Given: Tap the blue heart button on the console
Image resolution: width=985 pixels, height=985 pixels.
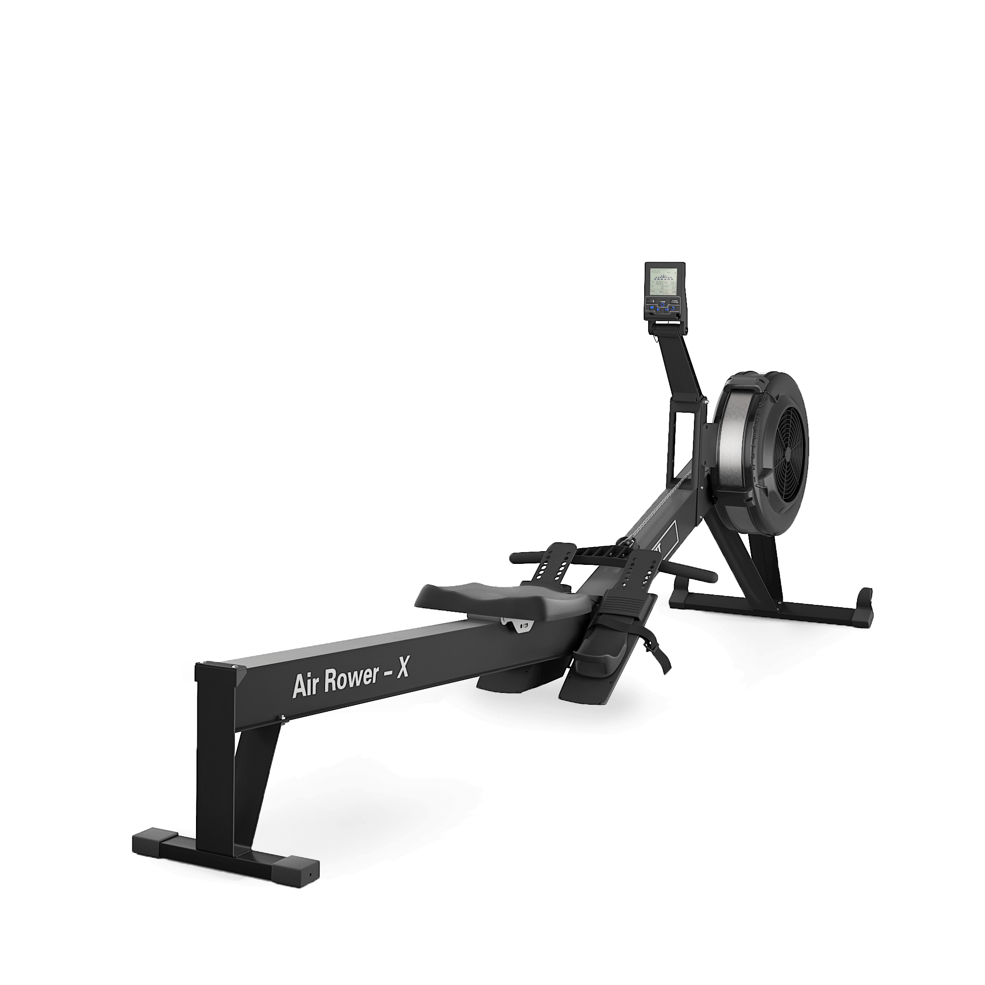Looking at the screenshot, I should pos(651,308).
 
